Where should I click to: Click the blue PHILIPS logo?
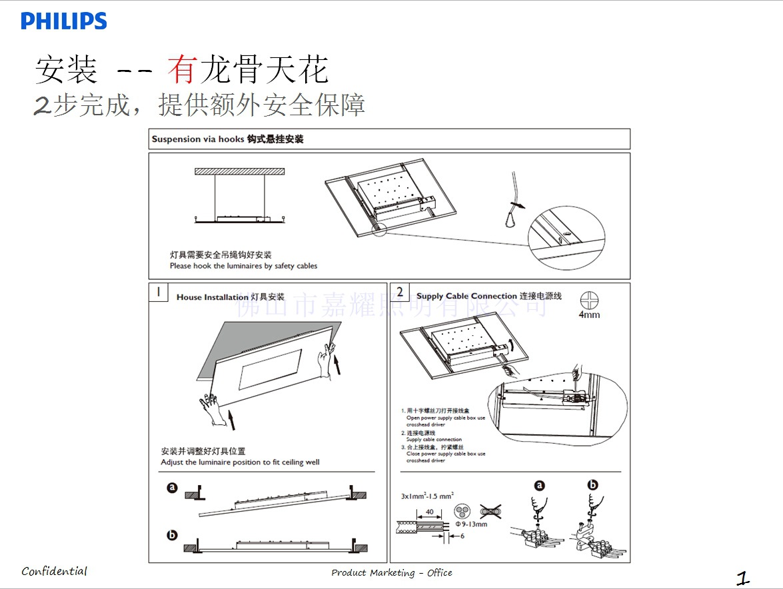pyautogui.click(x=64, y=21)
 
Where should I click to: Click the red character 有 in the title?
pyautogui.click(x=181, y=69)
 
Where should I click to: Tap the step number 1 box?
pyautogui.click(x=158, y=292)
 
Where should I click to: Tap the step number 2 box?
pyautogui.click(x=400, y=292)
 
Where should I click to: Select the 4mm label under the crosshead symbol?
pyautogui.click(x=589, y=314)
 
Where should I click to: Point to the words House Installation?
pyautogui.click(x=212, y=297)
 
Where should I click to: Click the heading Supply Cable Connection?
pyautogui.click(x=466, y=296)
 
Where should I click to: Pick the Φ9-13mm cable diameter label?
pyautogui.click(x=471, y=524)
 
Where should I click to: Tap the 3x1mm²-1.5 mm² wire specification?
pyautogui.click(x=427, y=496)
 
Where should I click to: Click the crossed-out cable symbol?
pyautogui.click(x=490, y=512)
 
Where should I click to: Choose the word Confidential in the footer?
pyautogui.click(x=54, y=571)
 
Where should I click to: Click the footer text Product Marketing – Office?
pyautogui.click(x=392, y=572)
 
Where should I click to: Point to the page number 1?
pyautogui.click(x=743, y=577)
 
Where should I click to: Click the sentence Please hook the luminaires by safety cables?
pyautogui.click(x=243, y=266)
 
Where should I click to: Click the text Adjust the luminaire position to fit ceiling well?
pyautogui.click(x=240, y=462)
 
